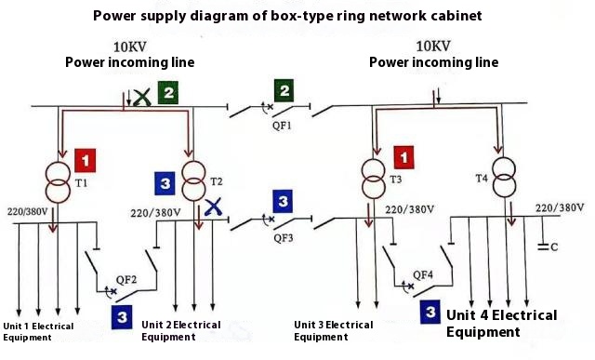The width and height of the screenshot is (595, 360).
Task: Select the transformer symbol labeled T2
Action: [193, 180]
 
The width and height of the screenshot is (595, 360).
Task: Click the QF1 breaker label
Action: [283, 125]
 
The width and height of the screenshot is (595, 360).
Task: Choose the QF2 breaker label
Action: [126, 279]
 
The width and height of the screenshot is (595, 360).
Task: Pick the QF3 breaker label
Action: [283, 237]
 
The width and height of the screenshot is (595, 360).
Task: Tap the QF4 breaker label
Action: [423, 274]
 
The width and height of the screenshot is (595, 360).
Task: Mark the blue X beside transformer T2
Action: [213, 207]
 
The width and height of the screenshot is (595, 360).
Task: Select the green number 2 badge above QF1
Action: [283, 91]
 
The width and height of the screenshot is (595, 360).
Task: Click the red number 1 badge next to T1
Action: [86, 160]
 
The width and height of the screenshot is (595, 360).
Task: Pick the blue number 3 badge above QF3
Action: [283, 200]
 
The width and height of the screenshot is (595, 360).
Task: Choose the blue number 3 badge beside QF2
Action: [122, 317]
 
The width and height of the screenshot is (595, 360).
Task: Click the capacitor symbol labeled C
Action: [546, 247]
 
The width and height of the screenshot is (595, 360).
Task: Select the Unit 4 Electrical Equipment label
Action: [501, 323]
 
